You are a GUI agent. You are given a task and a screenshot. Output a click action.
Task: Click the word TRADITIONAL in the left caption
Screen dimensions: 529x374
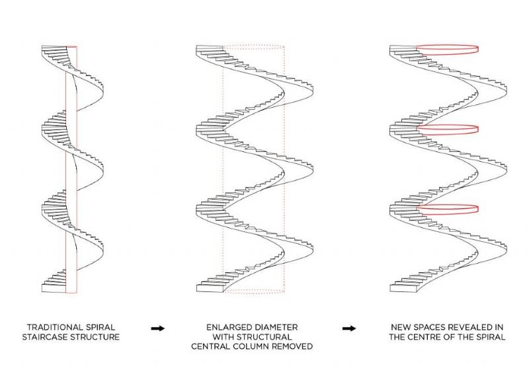55,327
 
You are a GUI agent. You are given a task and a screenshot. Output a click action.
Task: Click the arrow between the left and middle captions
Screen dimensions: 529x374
158,328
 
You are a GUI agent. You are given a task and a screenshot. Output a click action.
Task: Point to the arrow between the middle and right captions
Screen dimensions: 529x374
349,328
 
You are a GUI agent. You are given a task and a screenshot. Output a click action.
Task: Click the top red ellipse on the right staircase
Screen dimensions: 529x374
448,50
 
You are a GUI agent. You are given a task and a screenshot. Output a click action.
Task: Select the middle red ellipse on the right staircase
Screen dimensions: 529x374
448,130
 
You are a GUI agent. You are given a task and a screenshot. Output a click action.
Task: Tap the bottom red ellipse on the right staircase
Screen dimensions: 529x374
448,209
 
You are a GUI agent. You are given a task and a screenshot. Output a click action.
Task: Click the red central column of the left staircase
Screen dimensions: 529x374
71,170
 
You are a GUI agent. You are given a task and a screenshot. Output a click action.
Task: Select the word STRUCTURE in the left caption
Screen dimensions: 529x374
95,336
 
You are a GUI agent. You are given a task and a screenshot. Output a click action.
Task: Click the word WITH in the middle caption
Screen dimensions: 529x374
224,336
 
